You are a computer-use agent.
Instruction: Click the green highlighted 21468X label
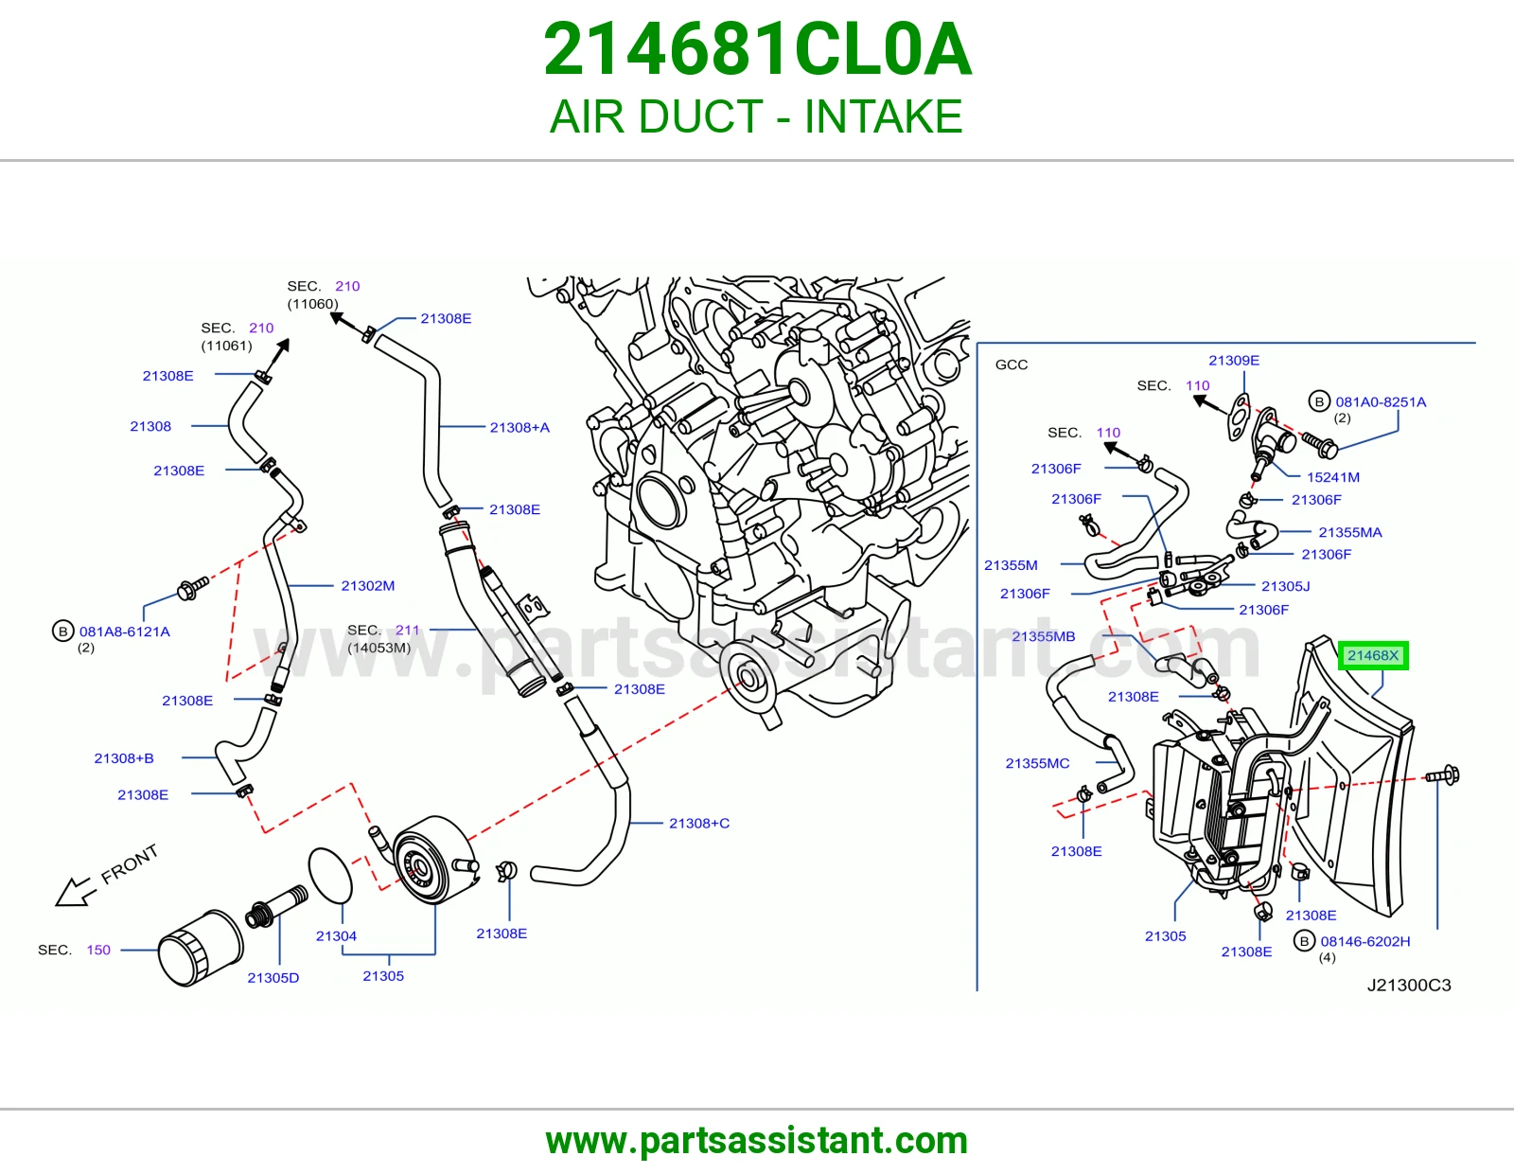(x=1373, y=655)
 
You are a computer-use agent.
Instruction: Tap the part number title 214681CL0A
(x=757, y=49)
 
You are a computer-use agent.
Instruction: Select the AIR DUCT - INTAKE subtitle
(x=756, y=116)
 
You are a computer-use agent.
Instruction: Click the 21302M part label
(x=367, y=586)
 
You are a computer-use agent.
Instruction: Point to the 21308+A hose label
(x=519, y=427)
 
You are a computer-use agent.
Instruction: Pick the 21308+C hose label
(x=699, y=824)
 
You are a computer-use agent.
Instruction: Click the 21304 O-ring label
(x=336, y=935)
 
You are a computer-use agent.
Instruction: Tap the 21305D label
(x=273, y=977)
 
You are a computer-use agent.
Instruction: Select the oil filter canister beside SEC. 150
(x=200, y=948)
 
